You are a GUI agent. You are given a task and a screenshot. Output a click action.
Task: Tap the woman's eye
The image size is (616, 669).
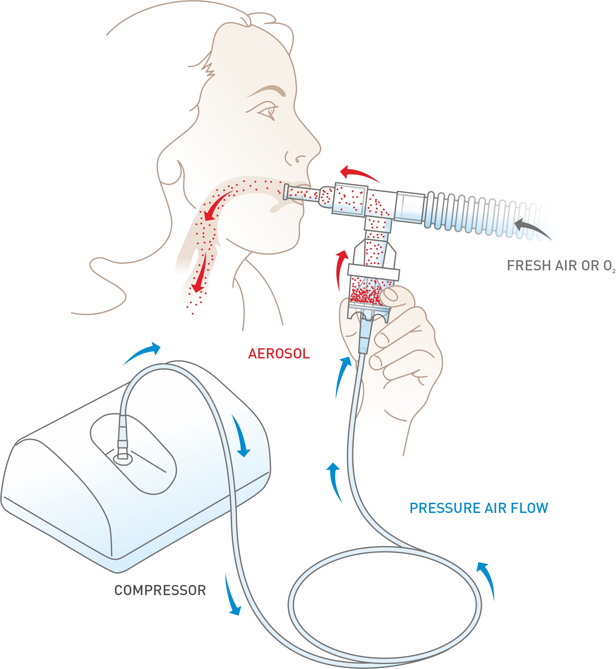coord(270,111)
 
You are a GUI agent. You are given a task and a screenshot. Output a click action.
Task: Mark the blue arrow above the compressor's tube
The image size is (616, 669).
coord(142,353)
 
